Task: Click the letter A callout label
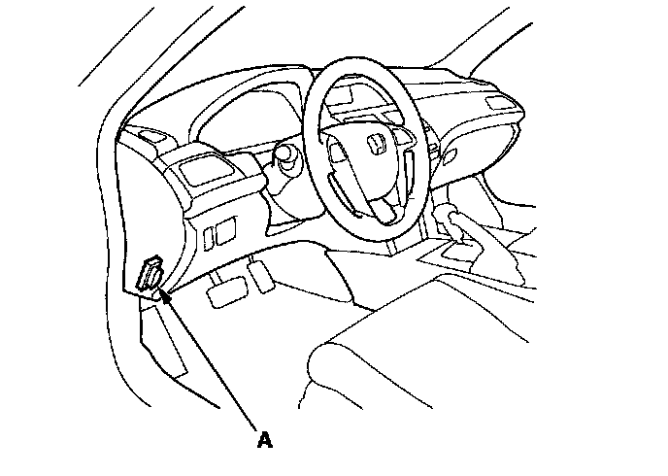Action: pyautogui.click(x=263, y=440)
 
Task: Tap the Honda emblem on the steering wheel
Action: pyautogui.click(x=376, y=146)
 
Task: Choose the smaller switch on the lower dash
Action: pyautogui.click(x=211, y=233)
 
